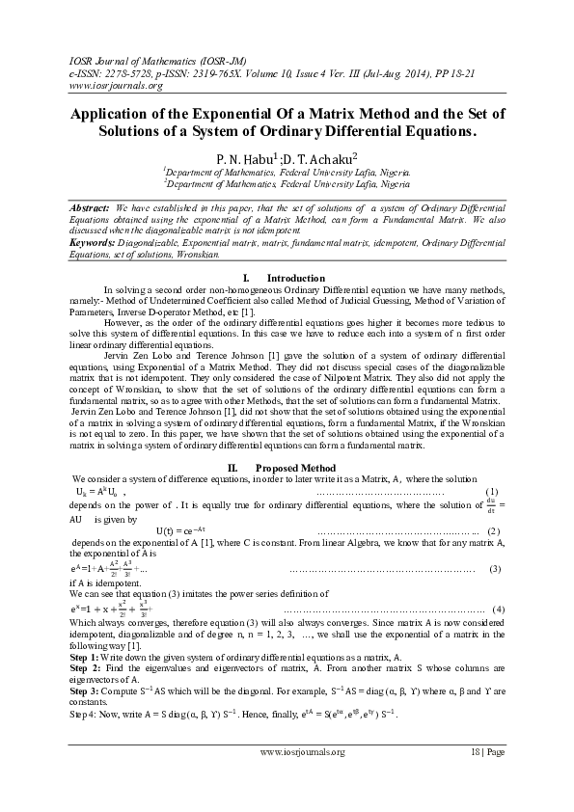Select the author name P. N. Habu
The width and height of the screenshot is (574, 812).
247,154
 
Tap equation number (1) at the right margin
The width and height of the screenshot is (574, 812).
491,494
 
